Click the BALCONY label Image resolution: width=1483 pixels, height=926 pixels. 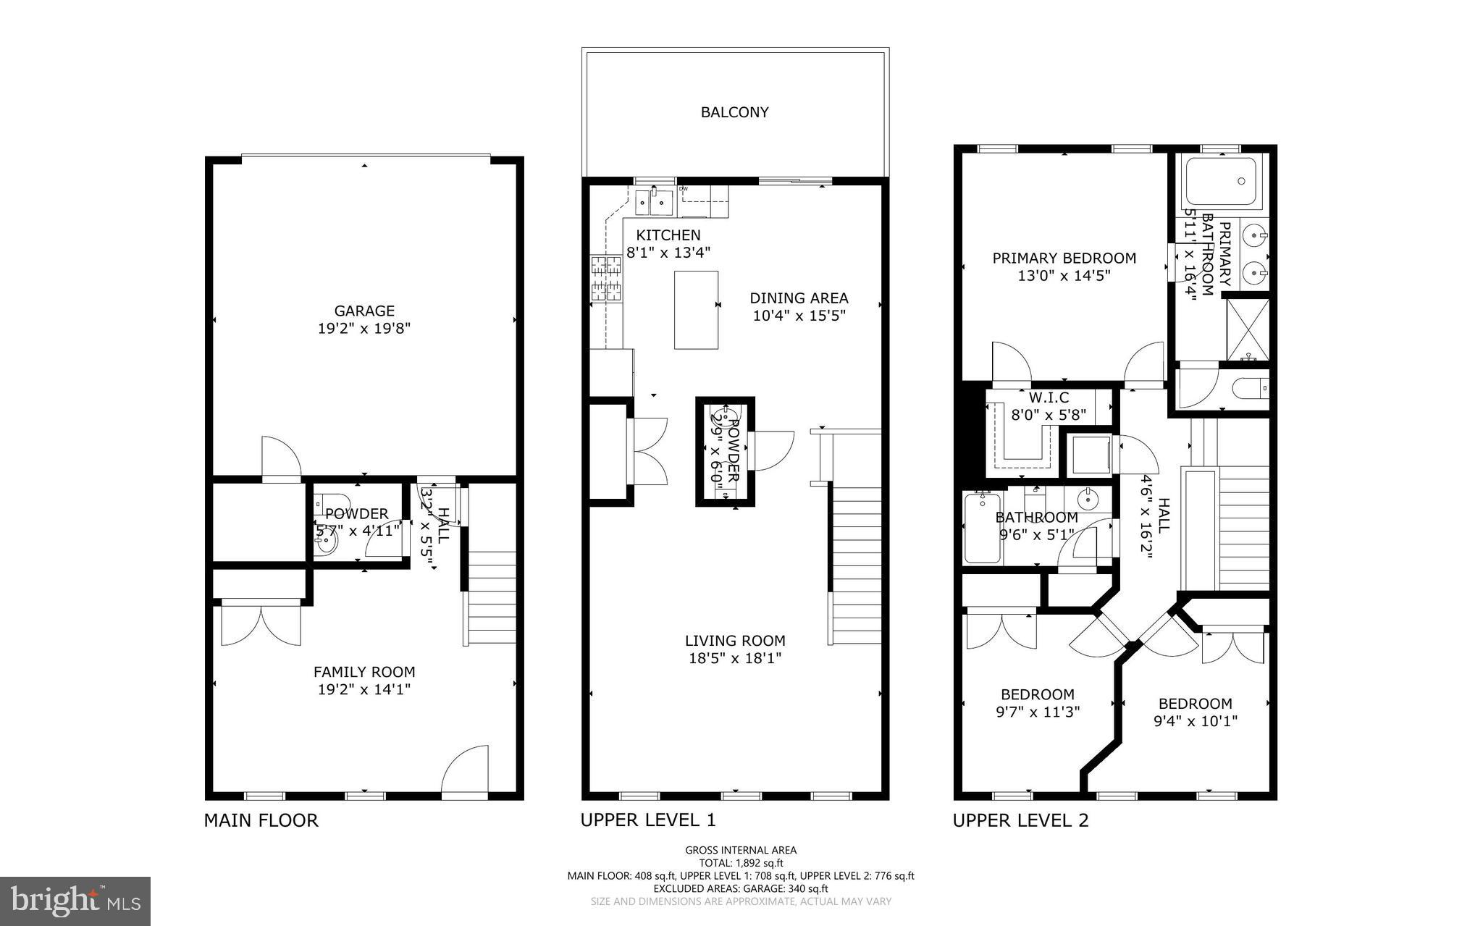coord(734,112)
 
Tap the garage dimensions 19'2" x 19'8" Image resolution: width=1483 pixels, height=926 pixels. coord(364,329)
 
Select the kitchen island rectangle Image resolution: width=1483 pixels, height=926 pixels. coord(696,310)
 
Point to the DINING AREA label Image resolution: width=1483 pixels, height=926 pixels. coord(799,298)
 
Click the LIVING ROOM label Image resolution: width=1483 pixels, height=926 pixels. coord(735,641)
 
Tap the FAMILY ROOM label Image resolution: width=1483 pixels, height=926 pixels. coord(364,672)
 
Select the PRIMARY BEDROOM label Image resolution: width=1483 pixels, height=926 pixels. coord(1064,258)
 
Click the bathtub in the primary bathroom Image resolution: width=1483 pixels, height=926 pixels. coord(1222,182)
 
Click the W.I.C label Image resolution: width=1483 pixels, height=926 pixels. coord(1049,398)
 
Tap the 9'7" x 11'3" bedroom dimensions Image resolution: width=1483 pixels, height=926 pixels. coord(1038,712)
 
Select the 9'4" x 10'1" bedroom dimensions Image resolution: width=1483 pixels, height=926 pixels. coord(1195,721)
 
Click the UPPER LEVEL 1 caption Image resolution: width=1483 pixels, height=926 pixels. coord(647,820)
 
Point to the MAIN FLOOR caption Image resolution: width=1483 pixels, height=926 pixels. coord(261,820)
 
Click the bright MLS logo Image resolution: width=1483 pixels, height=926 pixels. coord(75,901)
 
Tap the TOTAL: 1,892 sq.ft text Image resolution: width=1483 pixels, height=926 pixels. coord(741,863)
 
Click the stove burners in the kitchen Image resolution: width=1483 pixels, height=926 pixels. coord(607,279)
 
